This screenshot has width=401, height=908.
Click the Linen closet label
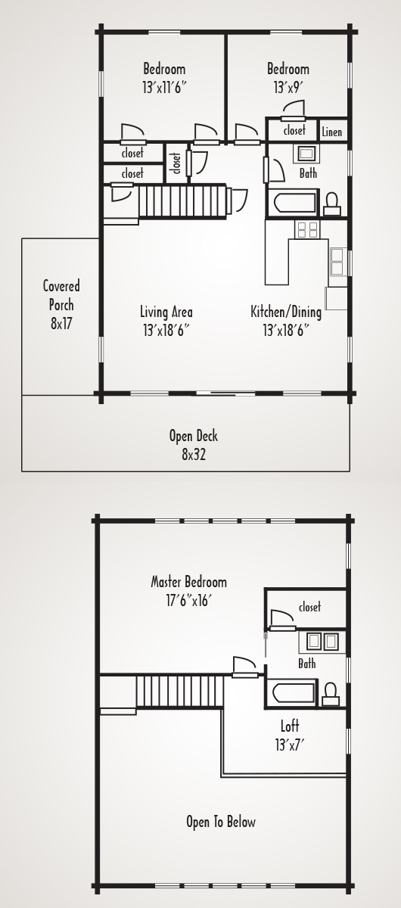tap(331, 132)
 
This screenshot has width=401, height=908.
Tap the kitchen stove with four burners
tap(307, 229)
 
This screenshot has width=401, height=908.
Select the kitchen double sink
tap(337, 262)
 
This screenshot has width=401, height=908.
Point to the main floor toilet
tap(332, 204)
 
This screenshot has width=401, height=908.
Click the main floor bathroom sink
tap(306, 154)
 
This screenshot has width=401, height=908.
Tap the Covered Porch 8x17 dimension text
tap(61, 324)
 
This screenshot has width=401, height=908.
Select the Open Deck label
tap(194, 436)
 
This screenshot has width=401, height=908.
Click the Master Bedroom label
tap(188, 582)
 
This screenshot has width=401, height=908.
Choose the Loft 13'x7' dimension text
tap(290, 745)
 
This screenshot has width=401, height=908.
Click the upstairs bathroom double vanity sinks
tap(322, 642)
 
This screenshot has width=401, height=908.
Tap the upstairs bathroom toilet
tap(331, 695)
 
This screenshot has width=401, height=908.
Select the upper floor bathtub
tap(294, 694)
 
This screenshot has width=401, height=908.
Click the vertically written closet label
tap(177, 163)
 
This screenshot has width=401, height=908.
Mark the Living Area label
tap(166, 312)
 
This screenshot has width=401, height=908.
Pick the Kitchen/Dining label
tap(286, 312)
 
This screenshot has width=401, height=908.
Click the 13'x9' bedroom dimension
tap(288, 87)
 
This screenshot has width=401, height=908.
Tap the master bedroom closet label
tap(309, 607)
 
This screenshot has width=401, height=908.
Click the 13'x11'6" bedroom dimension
tap(164, 87)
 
